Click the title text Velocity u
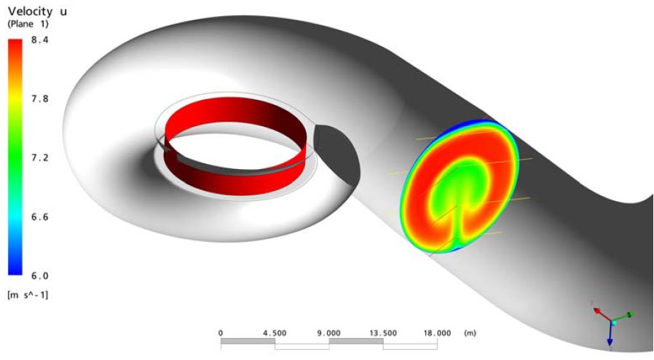tap(37, 11)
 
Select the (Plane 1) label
tap(28, 24)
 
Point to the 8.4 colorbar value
tap(40, 40)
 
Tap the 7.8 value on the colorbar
tap(40, 99)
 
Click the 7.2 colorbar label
tap(40, 157)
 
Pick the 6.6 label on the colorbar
tap(40, 217)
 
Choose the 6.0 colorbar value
tap(40, 275)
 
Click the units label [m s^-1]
tap(28, 295)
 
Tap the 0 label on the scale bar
tap(221, 333)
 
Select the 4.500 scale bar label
tap(275, 333)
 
